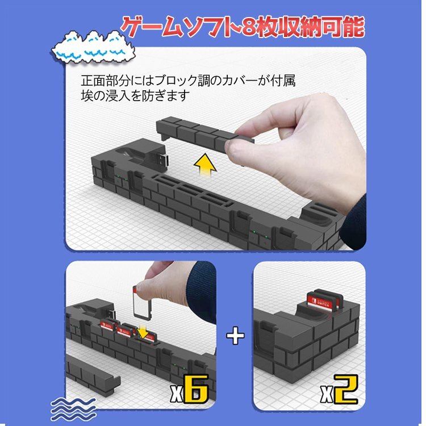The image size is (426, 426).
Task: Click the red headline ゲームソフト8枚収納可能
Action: point(243,27)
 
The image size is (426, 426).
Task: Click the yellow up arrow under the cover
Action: point(205,165)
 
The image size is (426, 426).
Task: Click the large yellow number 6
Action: point(196,389)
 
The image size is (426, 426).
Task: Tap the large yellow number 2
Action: point(346,389)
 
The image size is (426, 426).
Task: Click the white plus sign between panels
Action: point(235,335)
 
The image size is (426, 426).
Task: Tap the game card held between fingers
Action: point(142,301)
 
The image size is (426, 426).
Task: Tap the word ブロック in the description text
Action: point(173,81)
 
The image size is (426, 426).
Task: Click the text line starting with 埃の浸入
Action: point(135,95)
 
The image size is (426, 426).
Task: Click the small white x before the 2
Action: point(326,394)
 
